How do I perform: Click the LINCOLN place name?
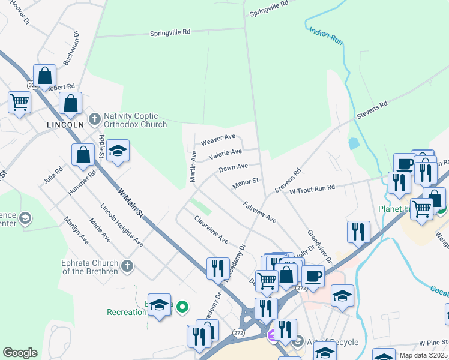[x=65, y=125]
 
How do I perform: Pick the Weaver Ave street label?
[x=218, y=140]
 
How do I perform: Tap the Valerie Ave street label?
[x=225, y=155]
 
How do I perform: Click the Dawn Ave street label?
[x=234, y=168]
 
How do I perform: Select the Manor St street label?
[x=245, y=181]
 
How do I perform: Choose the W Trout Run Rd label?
[x=312, y=189]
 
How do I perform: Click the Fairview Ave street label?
[x=259, y=212]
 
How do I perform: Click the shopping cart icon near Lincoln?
[x=19, y=103]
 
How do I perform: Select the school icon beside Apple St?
[x=118, y=152]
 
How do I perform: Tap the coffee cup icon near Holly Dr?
[x=312, y=277]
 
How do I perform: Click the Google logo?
[x=20, y=353]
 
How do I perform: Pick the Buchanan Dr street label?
[x=71, y=49]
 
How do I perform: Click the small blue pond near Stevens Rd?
[x=354, y=144]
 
